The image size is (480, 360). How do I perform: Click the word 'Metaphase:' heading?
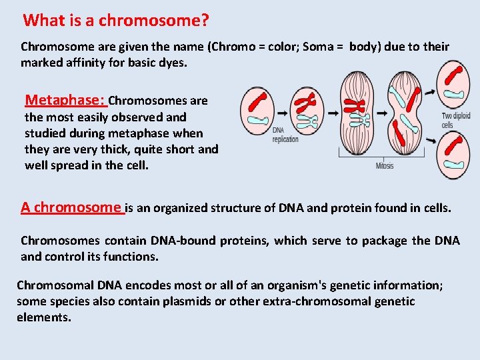pos(65,100)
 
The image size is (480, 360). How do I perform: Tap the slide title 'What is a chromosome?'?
pos(116,21)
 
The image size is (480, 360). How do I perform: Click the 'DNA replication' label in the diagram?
pos(285,135)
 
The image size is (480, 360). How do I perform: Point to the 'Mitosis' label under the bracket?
pos(385,165)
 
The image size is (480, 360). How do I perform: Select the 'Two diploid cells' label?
pos(456,121)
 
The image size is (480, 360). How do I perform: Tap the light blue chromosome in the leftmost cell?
pos(257,120)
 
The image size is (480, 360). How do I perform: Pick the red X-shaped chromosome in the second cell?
pos(306,102)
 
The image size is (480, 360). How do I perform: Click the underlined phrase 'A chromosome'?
pos(72,207)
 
